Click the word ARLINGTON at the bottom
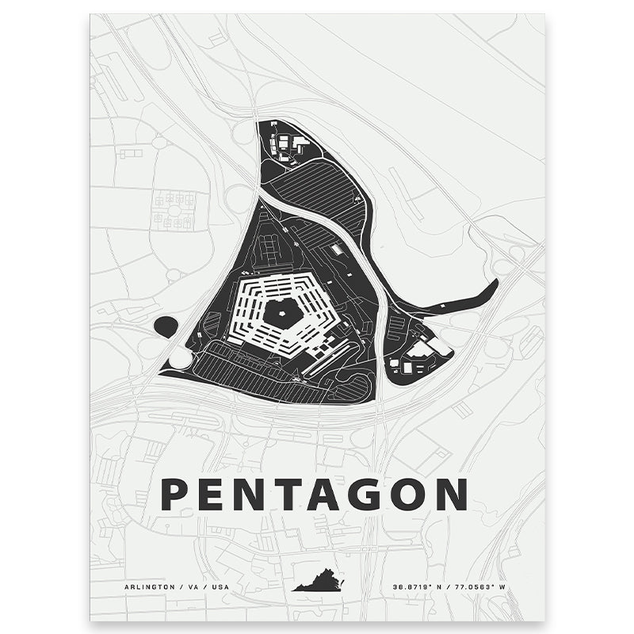tap(147, 587)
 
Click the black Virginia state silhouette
tap(319, 585)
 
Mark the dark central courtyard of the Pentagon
tap(282, 313)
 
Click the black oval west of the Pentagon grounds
tap(166, 325)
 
